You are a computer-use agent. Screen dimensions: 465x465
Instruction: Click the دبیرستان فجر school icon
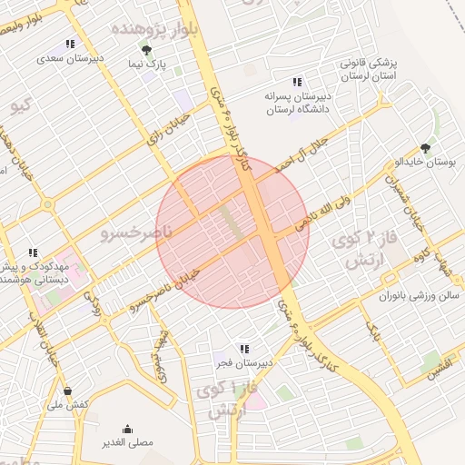(243, 348)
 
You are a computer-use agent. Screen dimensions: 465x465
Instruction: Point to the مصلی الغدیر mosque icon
(126, 429)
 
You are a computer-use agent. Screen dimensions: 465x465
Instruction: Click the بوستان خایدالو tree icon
(425, 147)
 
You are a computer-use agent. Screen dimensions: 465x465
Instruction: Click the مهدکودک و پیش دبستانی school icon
(33, 253)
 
